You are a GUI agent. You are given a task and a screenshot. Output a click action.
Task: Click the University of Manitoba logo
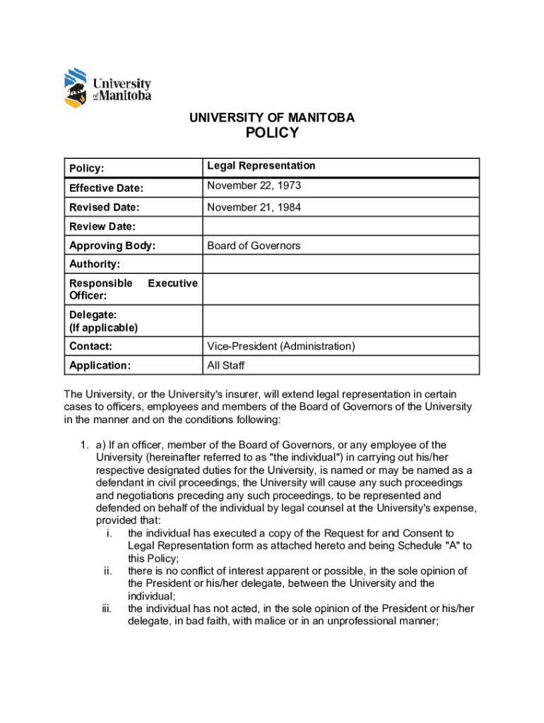pyautogui.click(x=107, y=88)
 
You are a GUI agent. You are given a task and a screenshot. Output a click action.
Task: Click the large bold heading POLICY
pyautogui.click(x=272, y=133)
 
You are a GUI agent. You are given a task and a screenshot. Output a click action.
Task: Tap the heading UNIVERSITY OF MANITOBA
pyautogui.click(x=272, y=117)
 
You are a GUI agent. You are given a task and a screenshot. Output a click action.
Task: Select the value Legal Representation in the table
pyautogui.click(x=261, y=166)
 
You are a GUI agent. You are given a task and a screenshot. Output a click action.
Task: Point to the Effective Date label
pyautogui.click(x=106, y=188)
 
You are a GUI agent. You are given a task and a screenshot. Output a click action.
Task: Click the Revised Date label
pyautogui.click(x=104, y=208)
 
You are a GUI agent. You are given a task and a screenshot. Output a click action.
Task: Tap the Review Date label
pyautogui.click(x=102, y=227)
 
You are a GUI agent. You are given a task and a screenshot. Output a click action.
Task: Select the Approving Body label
pyautogui.click(x=112, y=246)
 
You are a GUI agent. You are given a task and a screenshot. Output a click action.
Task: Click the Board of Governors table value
pyautogui.click(x=254, y=246)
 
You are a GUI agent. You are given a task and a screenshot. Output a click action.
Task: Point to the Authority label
pyautogui.click(x=94, y=264)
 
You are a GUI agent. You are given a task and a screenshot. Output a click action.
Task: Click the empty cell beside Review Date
pyautogui.click(x=341, y=227)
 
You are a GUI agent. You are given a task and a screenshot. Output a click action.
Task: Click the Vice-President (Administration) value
pyautogui.click(x=280, y=346)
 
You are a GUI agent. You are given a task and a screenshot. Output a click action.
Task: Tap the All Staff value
pyautogui.click(x=225, y=365)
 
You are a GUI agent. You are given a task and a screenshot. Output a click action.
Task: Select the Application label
pyautogui.click(x=100, y=366)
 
